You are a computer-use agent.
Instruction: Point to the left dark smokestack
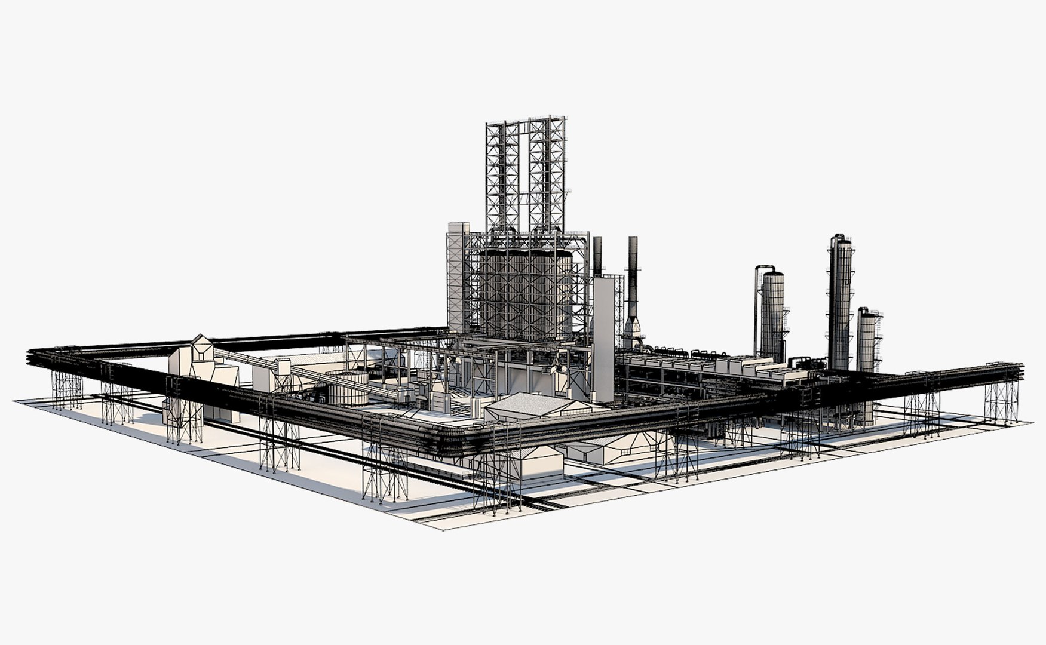coord(597,257)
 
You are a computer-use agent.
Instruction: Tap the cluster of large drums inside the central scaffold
coord(526,293)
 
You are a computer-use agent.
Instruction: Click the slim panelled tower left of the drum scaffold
coord(458,275)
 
